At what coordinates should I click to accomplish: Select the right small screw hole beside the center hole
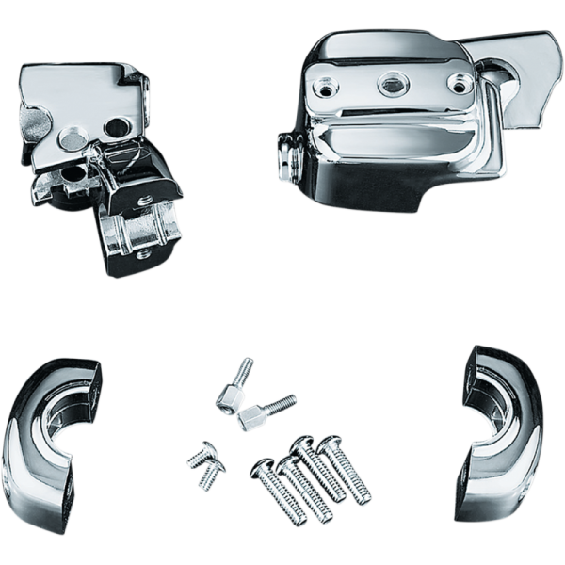click(x=459, y=86)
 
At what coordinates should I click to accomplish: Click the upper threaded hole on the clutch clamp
click(x=143, y=200)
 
